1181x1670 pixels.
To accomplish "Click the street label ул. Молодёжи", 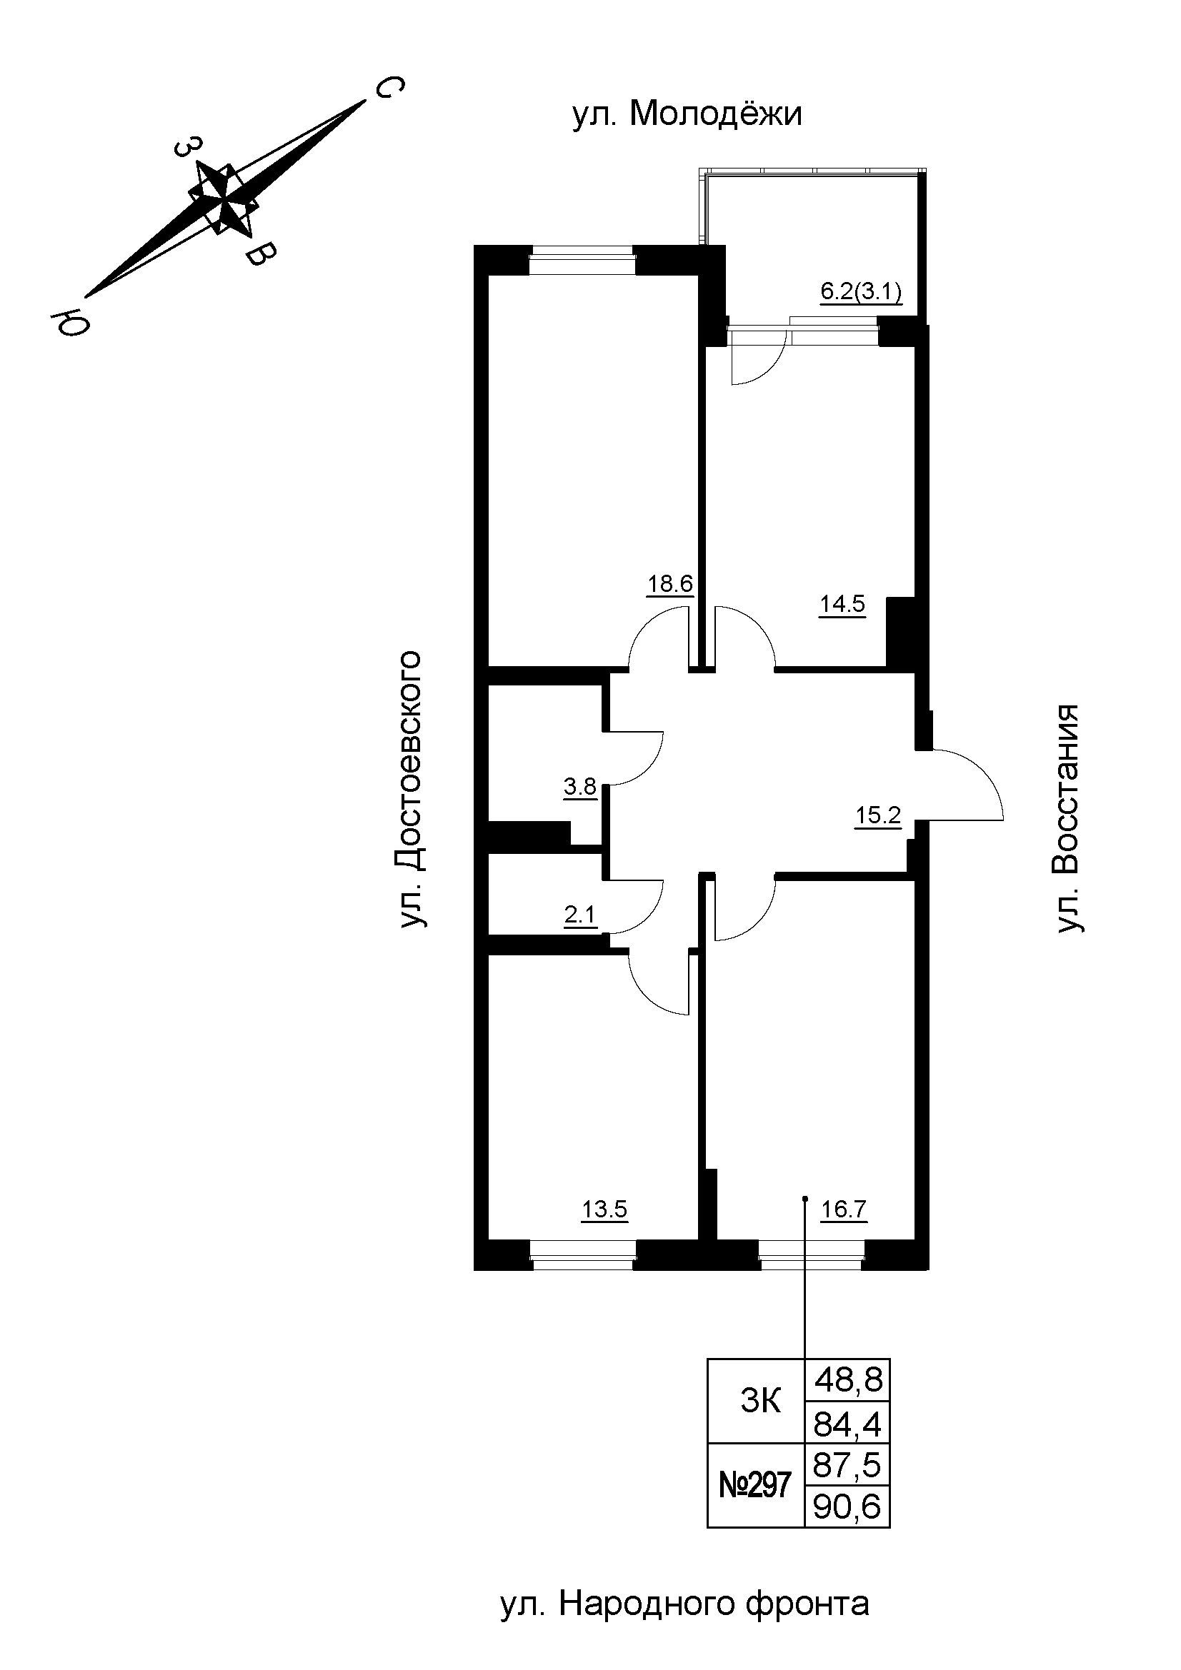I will point(687,115).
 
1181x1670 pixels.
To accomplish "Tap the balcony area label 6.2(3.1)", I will point(861,293).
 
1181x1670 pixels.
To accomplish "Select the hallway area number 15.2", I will point(877,815).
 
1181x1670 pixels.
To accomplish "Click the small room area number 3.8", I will point(580,786).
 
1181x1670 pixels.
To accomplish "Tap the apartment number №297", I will point(754,1485).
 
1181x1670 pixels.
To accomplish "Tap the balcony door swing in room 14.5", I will point(757,360).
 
